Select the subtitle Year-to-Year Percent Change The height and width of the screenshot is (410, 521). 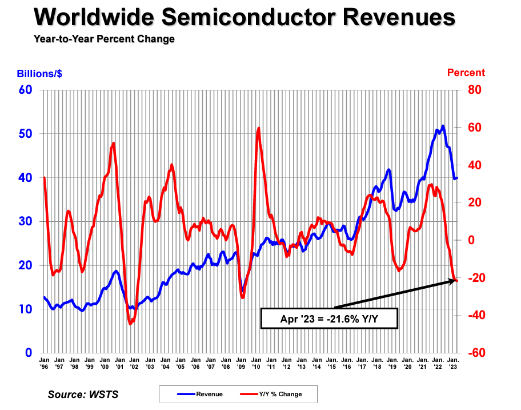(104, 39)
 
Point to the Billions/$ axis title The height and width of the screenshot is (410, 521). (39, 73)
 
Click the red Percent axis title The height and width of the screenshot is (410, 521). (466, 73)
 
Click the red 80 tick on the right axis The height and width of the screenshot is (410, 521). (475, 90)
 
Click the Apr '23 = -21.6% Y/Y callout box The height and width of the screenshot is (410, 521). (328, 319)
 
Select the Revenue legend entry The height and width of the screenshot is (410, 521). (199, 394)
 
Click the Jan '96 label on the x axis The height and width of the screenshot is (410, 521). (43, 364)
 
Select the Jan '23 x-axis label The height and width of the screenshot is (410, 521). (452, 364)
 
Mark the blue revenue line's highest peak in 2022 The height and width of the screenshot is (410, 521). (443, 126)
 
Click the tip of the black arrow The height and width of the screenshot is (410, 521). (458, 280)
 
